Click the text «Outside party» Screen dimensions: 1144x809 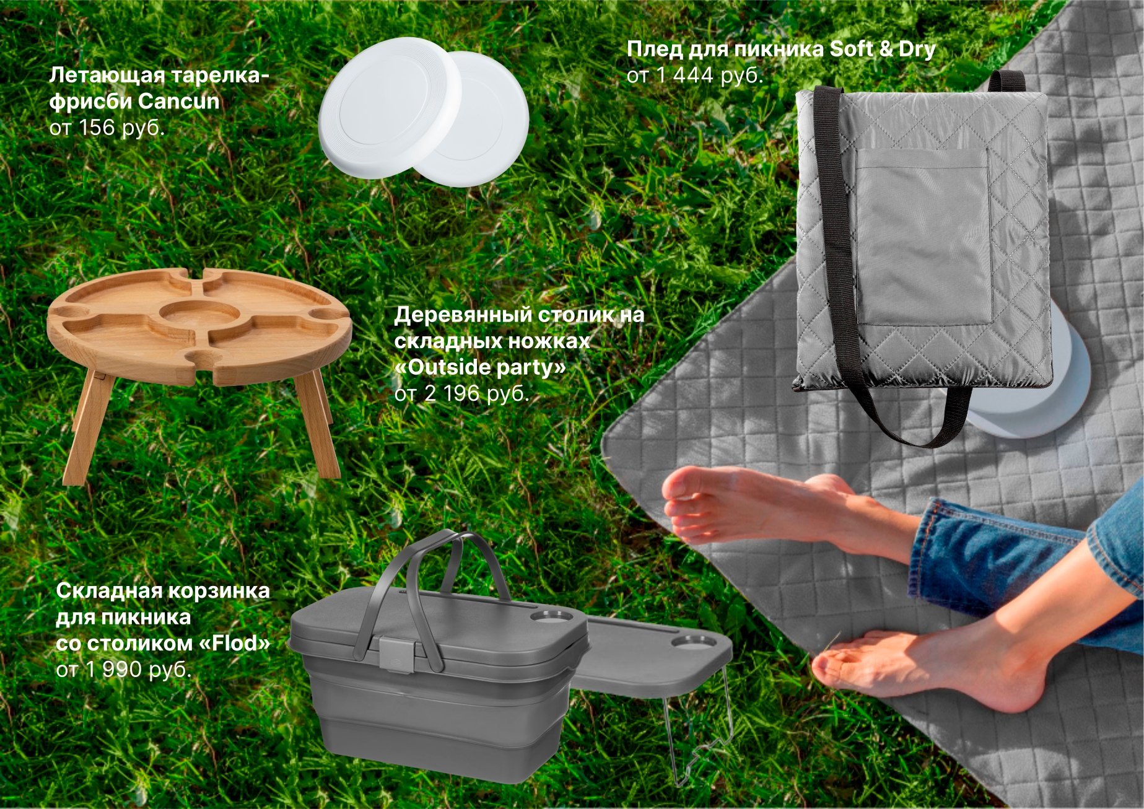click(481, 367)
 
